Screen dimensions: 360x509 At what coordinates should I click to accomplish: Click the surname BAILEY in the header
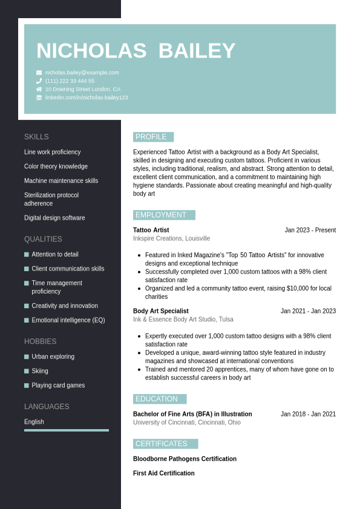(197, 51)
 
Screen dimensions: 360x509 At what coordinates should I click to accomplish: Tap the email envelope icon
(39, 73)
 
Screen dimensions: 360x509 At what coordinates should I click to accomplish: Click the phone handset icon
(39, 81)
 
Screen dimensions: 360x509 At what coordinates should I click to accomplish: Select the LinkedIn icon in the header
(39, 97)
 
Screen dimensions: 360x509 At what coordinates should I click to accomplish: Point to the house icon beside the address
(39, 89)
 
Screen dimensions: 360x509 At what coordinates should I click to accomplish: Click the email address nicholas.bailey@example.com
(82, 73)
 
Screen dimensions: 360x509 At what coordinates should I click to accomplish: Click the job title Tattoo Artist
(151, 230)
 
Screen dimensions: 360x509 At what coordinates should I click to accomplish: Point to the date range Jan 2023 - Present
(310, 230)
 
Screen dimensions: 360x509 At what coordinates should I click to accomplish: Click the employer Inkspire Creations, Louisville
(171, 238)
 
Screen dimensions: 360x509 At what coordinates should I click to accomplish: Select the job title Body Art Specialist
(161, 311)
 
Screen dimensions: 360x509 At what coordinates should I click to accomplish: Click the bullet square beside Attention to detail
(27, 255)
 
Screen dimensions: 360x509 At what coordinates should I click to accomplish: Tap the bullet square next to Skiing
(27, 371)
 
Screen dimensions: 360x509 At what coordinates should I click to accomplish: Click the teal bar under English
(67, 430)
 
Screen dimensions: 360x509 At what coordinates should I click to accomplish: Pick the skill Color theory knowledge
(56, 166)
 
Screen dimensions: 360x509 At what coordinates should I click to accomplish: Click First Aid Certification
(164, 473)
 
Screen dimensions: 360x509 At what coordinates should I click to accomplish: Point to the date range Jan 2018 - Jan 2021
(308, 414)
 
